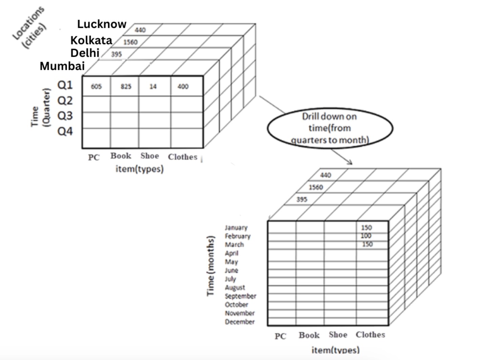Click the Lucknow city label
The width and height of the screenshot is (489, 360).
pos(102,24)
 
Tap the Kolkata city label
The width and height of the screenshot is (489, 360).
pos(91,40)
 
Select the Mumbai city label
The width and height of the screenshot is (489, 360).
pos(62,66)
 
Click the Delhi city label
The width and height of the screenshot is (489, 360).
pos(85,53)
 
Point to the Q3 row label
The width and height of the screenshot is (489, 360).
pos(65,116)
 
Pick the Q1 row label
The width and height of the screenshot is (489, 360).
pos(65,85)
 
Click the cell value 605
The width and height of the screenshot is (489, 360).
pos(96,86)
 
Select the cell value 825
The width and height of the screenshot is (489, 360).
pos(126,86)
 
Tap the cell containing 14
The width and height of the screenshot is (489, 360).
pos(153,86)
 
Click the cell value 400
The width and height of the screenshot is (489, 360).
pos(183,86)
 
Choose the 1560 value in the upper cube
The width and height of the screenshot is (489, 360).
pos(130,42)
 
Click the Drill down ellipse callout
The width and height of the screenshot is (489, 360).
pos(329,128)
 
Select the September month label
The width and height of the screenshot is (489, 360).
pos(240,296)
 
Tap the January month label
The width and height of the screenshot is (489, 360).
pos(236,227)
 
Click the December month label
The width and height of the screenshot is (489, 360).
pos(239,322)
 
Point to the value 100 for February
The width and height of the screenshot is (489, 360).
pos(366,236)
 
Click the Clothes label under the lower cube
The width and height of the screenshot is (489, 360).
pos(370,335)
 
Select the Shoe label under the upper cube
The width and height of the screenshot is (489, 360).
pos(149,156)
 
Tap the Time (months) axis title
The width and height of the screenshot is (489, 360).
pos(211,266)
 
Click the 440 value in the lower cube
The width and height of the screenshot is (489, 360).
pos(325,175)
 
